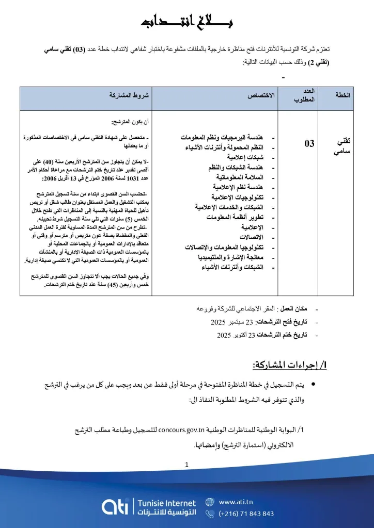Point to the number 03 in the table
(x=309, y=143)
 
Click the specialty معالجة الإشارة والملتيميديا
(x=231, y=257)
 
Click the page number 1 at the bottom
(x=186, y=465)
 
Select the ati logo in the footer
(x=116, y=507)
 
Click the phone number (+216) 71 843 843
(x=246, y=514)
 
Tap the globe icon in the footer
(x=210, y=501)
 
